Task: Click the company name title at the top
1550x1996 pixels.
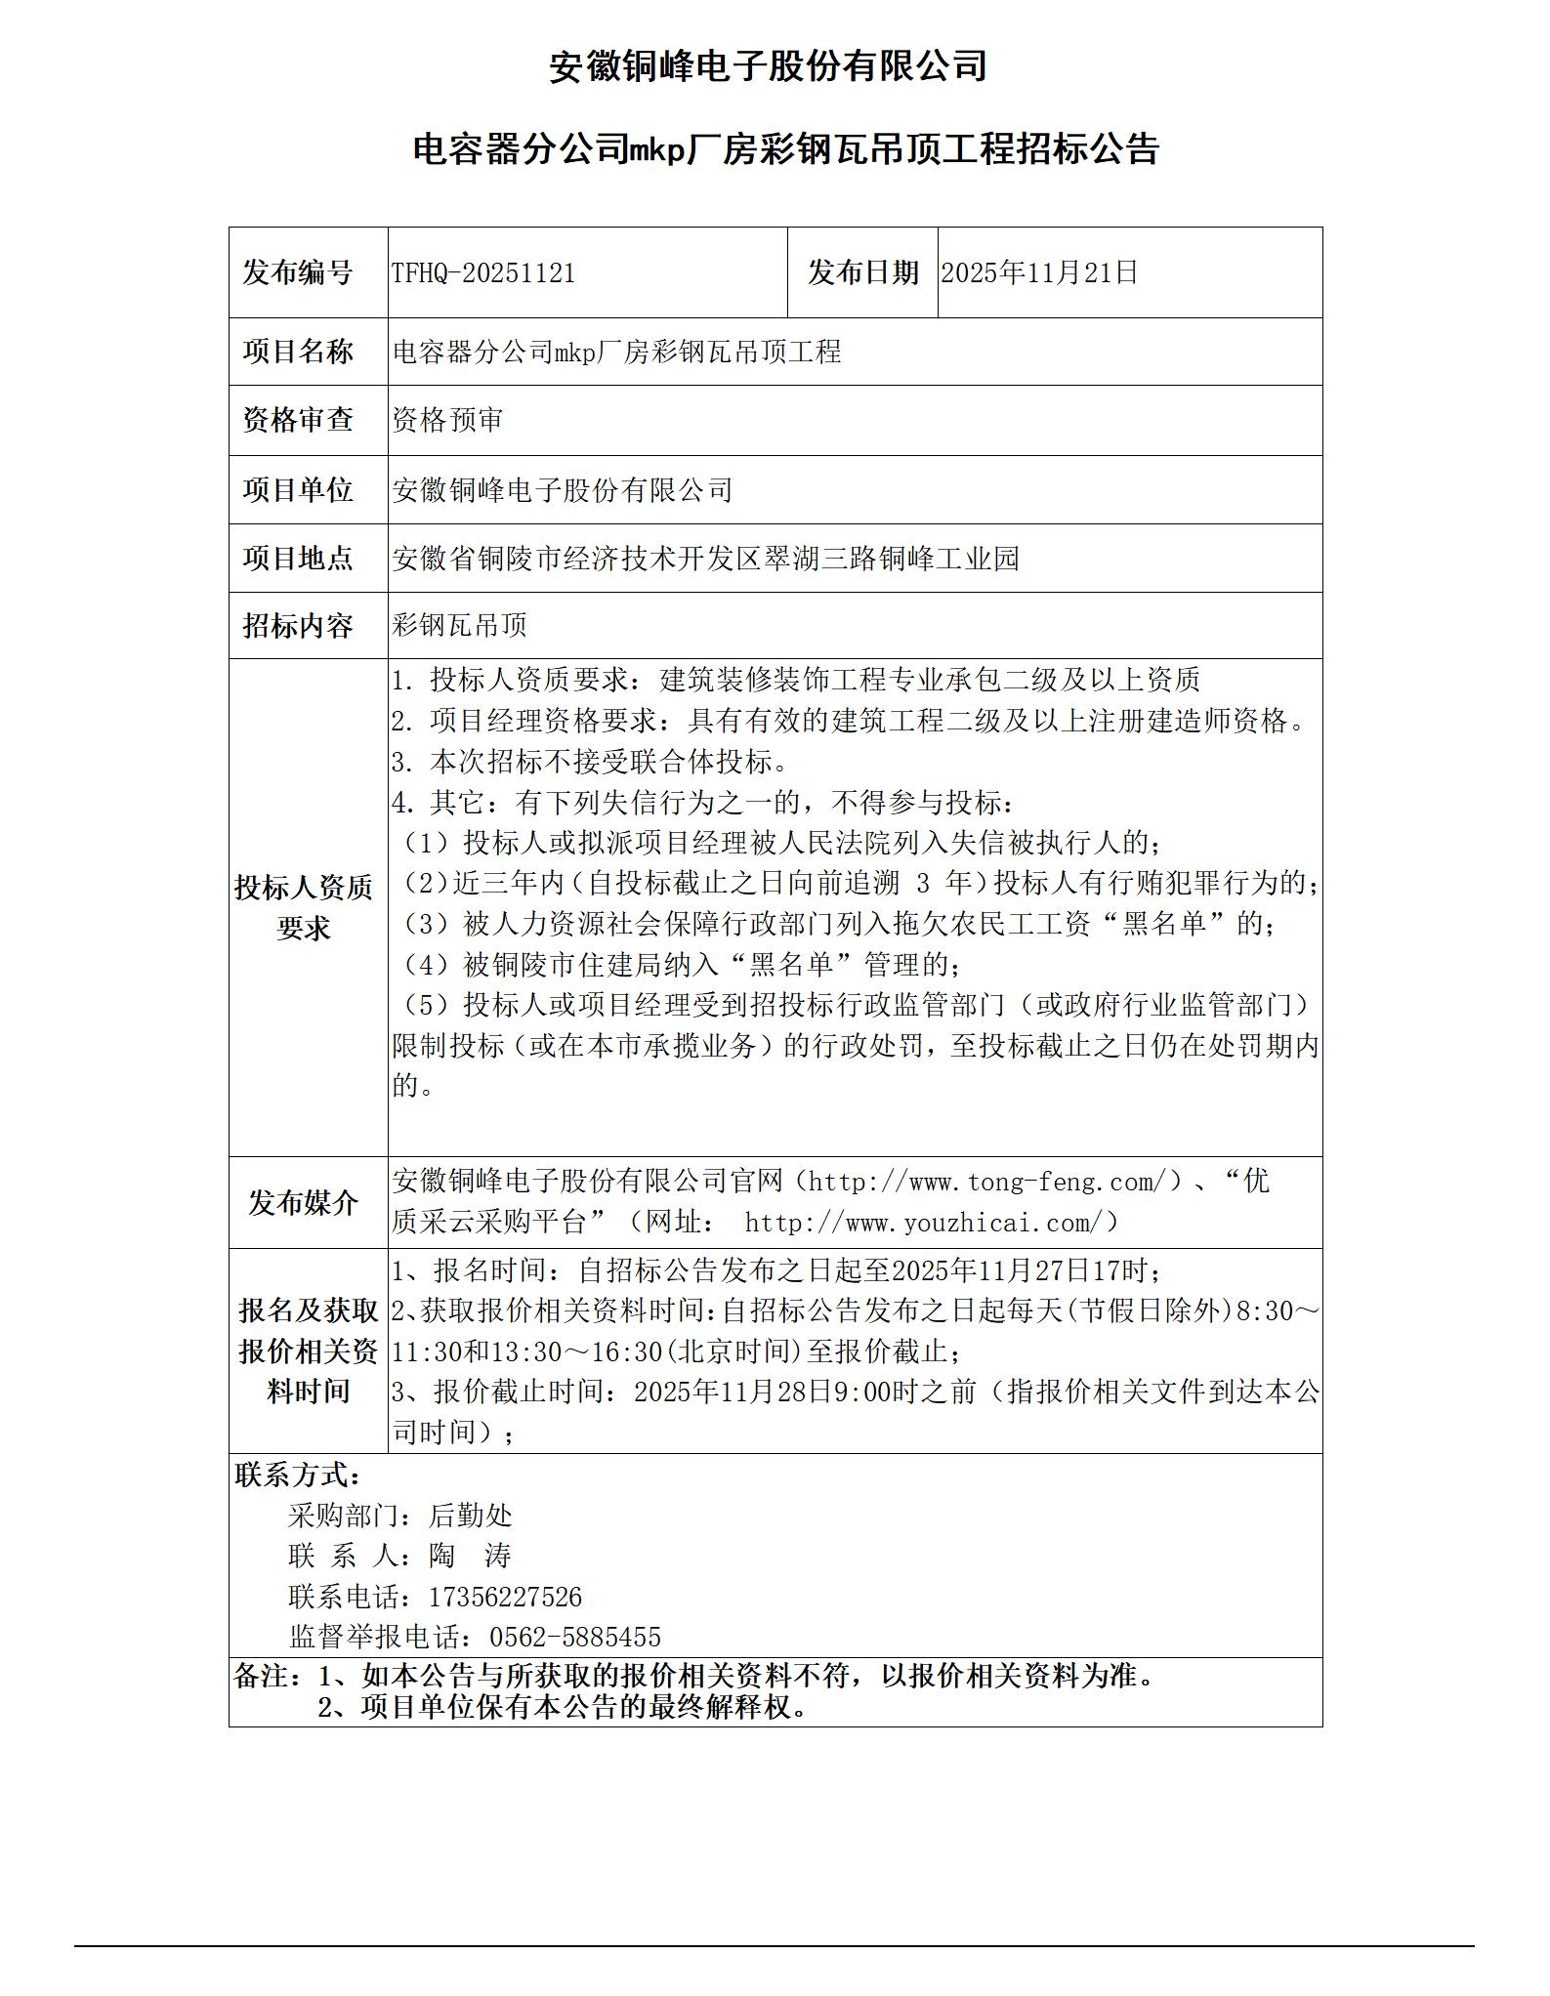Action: (768, 66)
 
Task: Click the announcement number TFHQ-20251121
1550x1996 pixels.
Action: (483, 273)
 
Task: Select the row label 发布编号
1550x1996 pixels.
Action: (298, 273)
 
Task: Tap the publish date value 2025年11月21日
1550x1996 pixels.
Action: (1039, 272)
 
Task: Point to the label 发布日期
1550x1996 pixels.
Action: (862, 273)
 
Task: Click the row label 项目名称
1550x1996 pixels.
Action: (298, 352)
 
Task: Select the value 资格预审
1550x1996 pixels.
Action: (447, 420)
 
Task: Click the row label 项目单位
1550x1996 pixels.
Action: (298, 490)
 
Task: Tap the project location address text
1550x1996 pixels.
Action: (705, 559)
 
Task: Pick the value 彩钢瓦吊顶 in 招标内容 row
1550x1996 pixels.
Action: (459, 625)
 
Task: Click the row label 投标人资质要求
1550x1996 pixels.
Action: (304, 907)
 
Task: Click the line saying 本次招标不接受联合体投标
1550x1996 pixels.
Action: (590, 761)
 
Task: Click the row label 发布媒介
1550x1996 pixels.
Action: (303, 1203)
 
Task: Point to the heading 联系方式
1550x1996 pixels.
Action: (297, 1475)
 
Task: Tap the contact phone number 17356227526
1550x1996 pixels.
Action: (505, 1598)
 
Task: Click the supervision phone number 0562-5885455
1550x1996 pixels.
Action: (574, 1638)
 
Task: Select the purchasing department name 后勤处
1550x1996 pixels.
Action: (470, 1516)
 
